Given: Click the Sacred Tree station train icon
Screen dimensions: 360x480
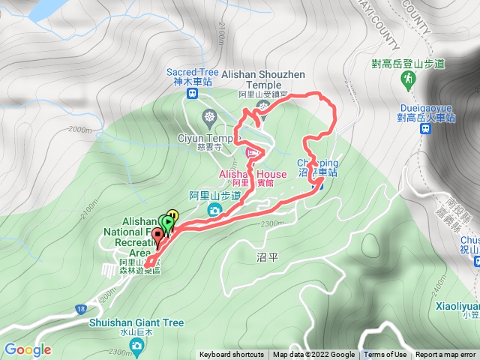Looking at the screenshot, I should (x=191, y=94).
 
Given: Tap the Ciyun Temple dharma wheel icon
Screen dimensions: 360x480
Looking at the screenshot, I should (x=208, y=117).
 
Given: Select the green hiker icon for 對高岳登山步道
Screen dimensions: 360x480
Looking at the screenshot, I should (x=409, y=79).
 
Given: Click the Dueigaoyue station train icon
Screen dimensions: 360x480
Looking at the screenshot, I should (x=425, y=129).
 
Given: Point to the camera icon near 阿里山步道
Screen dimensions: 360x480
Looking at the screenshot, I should (x=215, y=211).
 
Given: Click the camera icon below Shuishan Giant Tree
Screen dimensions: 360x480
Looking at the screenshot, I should (x=136, y=345).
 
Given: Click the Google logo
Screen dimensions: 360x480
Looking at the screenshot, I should (x=27, y=349).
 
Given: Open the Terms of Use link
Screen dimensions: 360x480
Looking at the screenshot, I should (x=385, y=355).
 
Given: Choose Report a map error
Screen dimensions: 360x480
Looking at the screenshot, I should (x=445, y=355).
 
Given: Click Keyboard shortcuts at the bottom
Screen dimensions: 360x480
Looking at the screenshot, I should (x=232, y=355).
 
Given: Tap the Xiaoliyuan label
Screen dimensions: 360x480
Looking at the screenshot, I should (x=456, y=307).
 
